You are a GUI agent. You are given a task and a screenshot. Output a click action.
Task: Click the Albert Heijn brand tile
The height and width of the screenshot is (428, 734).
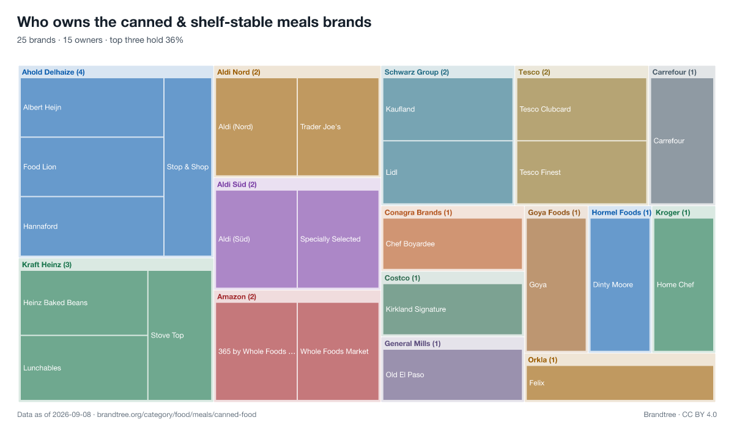tap(92, 108)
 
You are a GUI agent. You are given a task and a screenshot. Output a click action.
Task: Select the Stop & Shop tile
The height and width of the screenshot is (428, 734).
tap(188, 167)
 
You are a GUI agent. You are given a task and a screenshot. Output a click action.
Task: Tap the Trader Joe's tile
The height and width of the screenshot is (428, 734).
tap(338, 127)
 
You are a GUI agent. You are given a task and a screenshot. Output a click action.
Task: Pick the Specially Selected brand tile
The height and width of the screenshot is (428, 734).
tap(338, 239)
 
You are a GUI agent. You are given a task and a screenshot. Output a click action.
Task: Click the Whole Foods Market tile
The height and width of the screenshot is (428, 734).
tap(338, 352)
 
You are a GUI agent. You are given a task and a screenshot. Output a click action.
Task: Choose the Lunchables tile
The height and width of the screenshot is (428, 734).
tap(84, 367)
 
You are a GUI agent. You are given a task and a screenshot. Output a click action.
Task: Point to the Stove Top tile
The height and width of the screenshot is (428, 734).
tap(180, 335)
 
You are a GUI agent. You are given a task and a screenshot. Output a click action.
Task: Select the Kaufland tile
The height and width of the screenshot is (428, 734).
tap(448, 109)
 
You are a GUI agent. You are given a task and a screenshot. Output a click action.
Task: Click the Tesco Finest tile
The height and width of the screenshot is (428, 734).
tap(582, 172)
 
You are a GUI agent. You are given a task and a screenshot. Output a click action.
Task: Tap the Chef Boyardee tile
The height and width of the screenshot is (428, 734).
tap(453, 243)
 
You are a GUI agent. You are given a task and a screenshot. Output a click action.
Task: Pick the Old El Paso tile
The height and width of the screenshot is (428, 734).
tap(453, 375)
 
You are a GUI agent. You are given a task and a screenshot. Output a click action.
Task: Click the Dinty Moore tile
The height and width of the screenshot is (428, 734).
tap(620, 284)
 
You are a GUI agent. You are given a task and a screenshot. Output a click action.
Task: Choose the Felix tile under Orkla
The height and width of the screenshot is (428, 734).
tap(620, 383)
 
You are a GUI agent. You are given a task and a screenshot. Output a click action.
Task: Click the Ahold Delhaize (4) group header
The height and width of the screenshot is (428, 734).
tap(53, 72)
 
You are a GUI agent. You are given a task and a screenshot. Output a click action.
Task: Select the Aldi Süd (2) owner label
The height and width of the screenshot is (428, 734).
tap(237, 185)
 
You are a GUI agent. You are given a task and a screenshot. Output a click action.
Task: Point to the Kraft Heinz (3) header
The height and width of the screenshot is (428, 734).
tap(46, 265)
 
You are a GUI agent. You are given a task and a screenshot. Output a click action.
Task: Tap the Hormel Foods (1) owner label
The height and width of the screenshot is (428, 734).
tap(621, 213)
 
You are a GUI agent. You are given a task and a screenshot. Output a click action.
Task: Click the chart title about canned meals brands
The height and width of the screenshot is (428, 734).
tap(195, 22)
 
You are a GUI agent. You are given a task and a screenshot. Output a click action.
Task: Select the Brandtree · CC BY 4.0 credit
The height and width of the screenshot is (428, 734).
tap(680, 415)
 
